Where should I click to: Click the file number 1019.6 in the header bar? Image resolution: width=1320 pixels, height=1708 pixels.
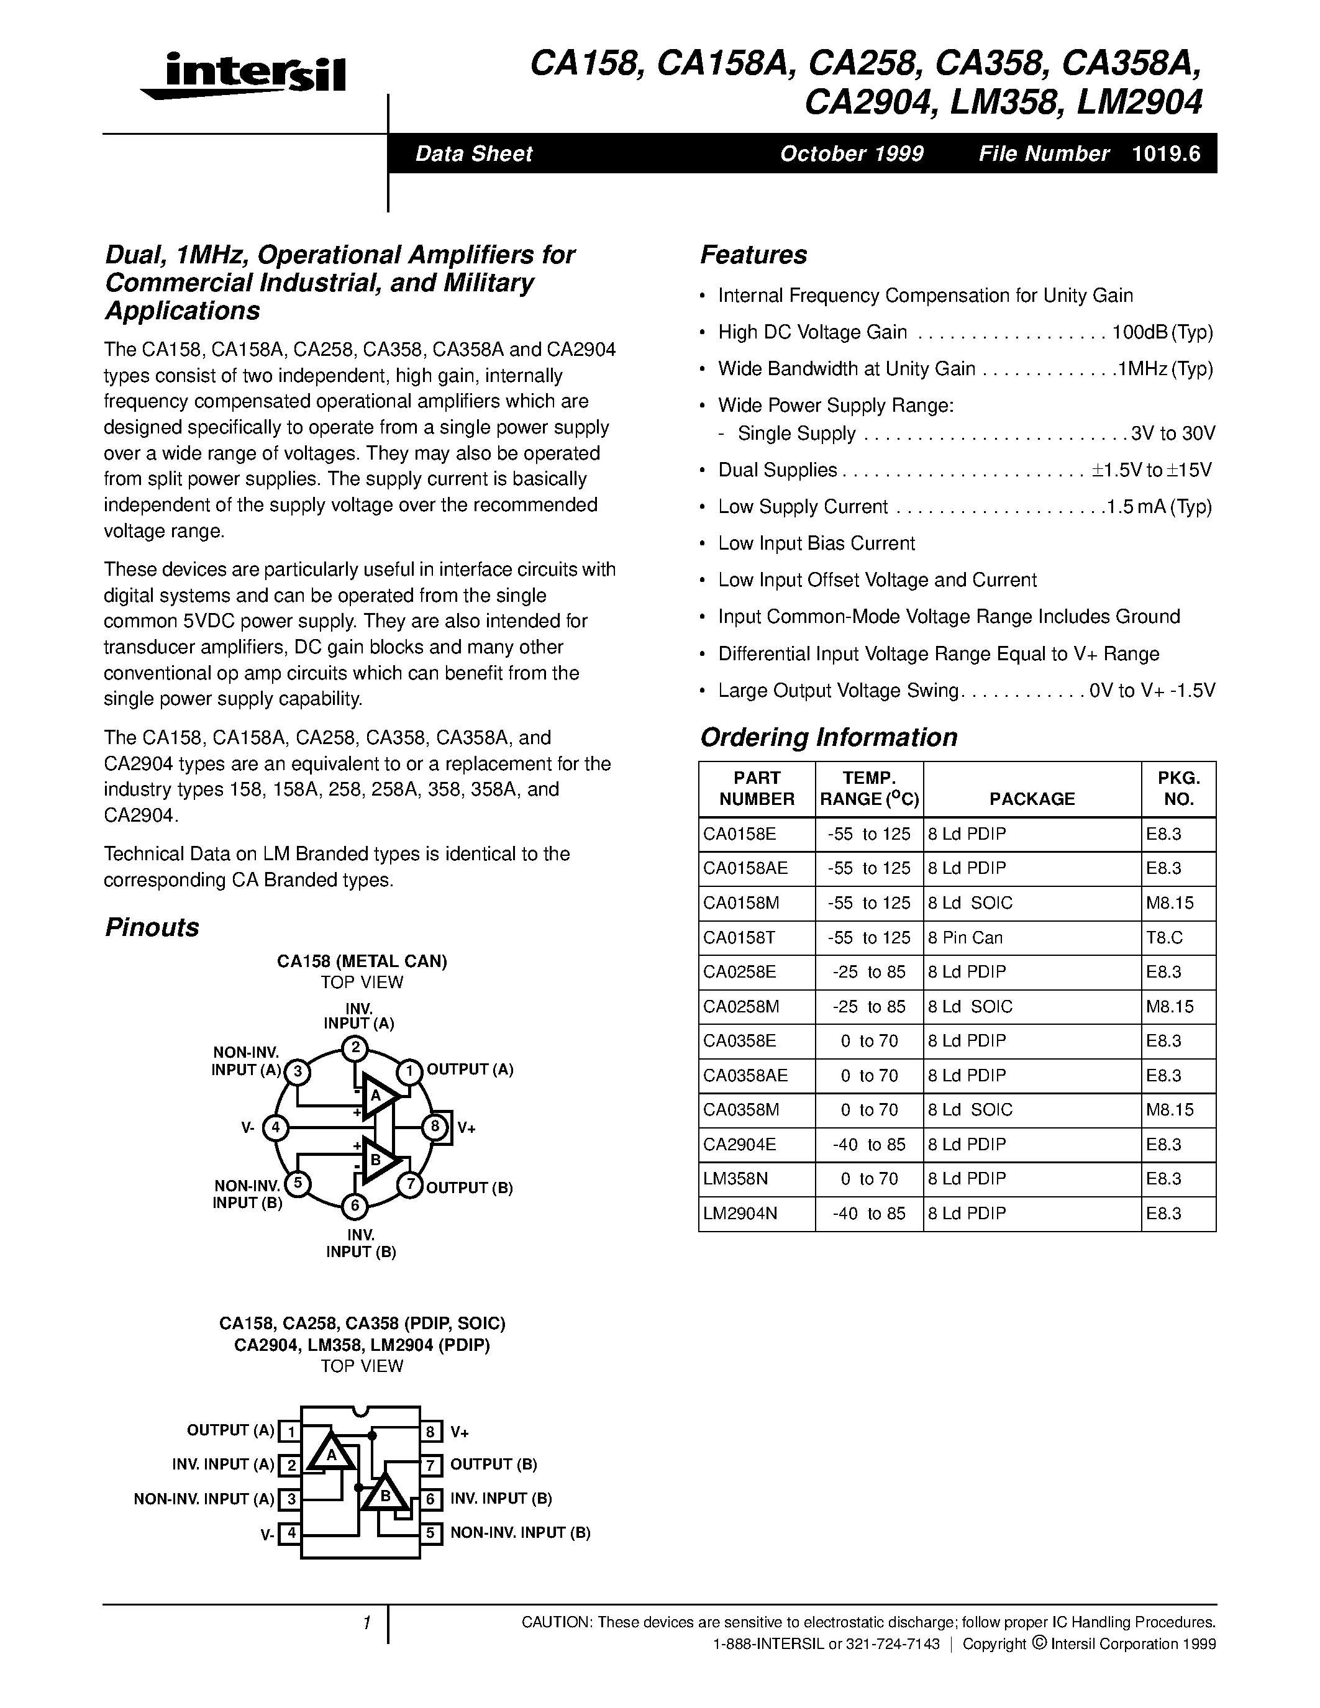pyautogui.click(x=1165, y=153)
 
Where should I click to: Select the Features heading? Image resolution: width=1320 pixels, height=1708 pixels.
pyautogui.click(x=753, y=255)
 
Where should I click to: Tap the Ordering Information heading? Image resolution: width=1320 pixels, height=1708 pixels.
pyautogui.click(x=828, y=737)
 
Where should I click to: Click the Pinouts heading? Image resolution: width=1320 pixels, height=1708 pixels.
pyautogui.click(x=152, y=927)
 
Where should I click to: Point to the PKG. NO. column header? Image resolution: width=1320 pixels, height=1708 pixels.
pyautogui.click(x=1178, y=788)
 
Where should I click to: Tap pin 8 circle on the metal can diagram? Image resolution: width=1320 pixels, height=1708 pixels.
pyautogui.click(x=435, y=1127)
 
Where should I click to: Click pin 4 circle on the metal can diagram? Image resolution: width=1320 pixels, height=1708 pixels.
pyautogui.click(x=275, y=1127)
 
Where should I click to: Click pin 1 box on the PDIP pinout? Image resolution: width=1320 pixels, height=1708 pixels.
pyautogui.click(x=290, y=1432)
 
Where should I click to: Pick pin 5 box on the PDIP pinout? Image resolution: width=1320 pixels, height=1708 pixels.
pyautogui.click(x=430, y=1533)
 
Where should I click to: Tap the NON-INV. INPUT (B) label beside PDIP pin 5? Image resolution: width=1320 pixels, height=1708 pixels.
pyautogui.click(x=520, y=1533)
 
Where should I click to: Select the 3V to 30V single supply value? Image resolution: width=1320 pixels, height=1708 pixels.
pyautogui.click(x=1172, y=434)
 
